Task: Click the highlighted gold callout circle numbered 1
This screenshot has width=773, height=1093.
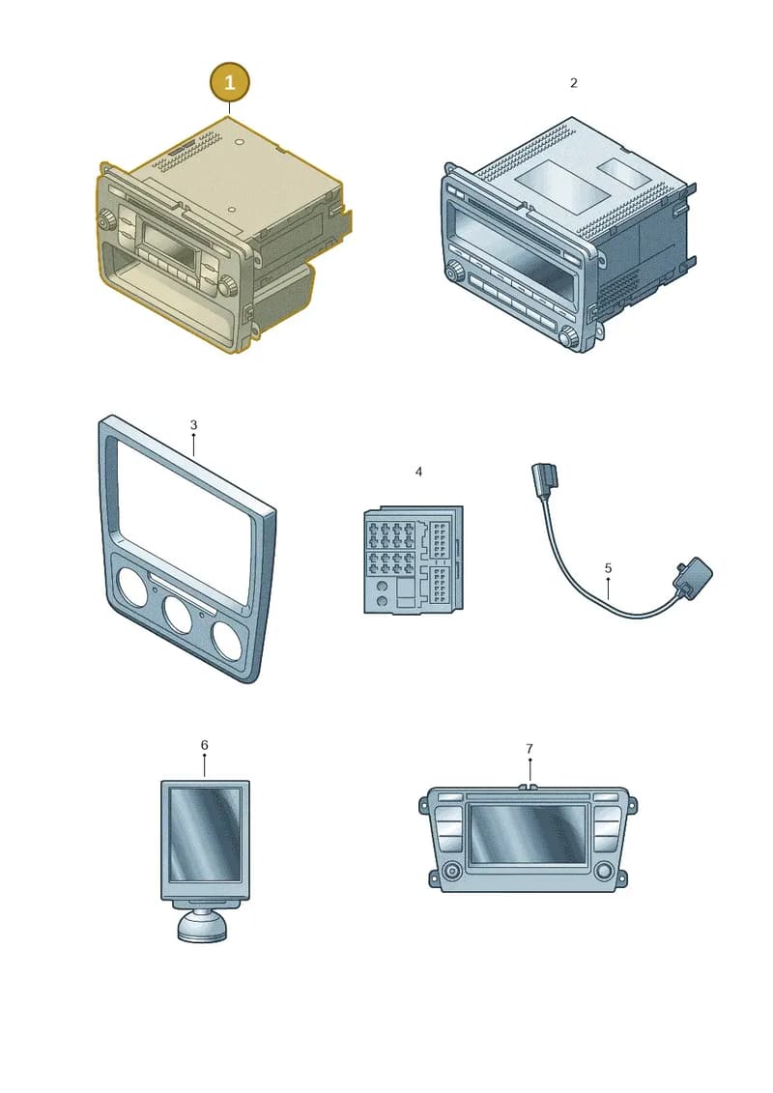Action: tap(229, 83)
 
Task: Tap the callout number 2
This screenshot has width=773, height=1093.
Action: tap(574, 83)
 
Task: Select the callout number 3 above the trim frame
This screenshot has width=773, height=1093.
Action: tap(194, 424)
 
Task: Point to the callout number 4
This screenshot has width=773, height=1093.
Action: tap(418, 472)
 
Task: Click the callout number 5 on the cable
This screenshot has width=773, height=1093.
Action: tap(608, 568)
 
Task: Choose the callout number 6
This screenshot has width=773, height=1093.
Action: tap(204, 745)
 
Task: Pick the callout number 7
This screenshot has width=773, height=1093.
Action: tap(530, 749)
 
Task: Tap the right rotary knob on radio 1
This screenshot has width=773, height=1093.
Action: tap(227, 286)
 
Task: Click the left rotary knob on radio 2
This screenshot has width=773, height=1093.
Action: tap(456, 271)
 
